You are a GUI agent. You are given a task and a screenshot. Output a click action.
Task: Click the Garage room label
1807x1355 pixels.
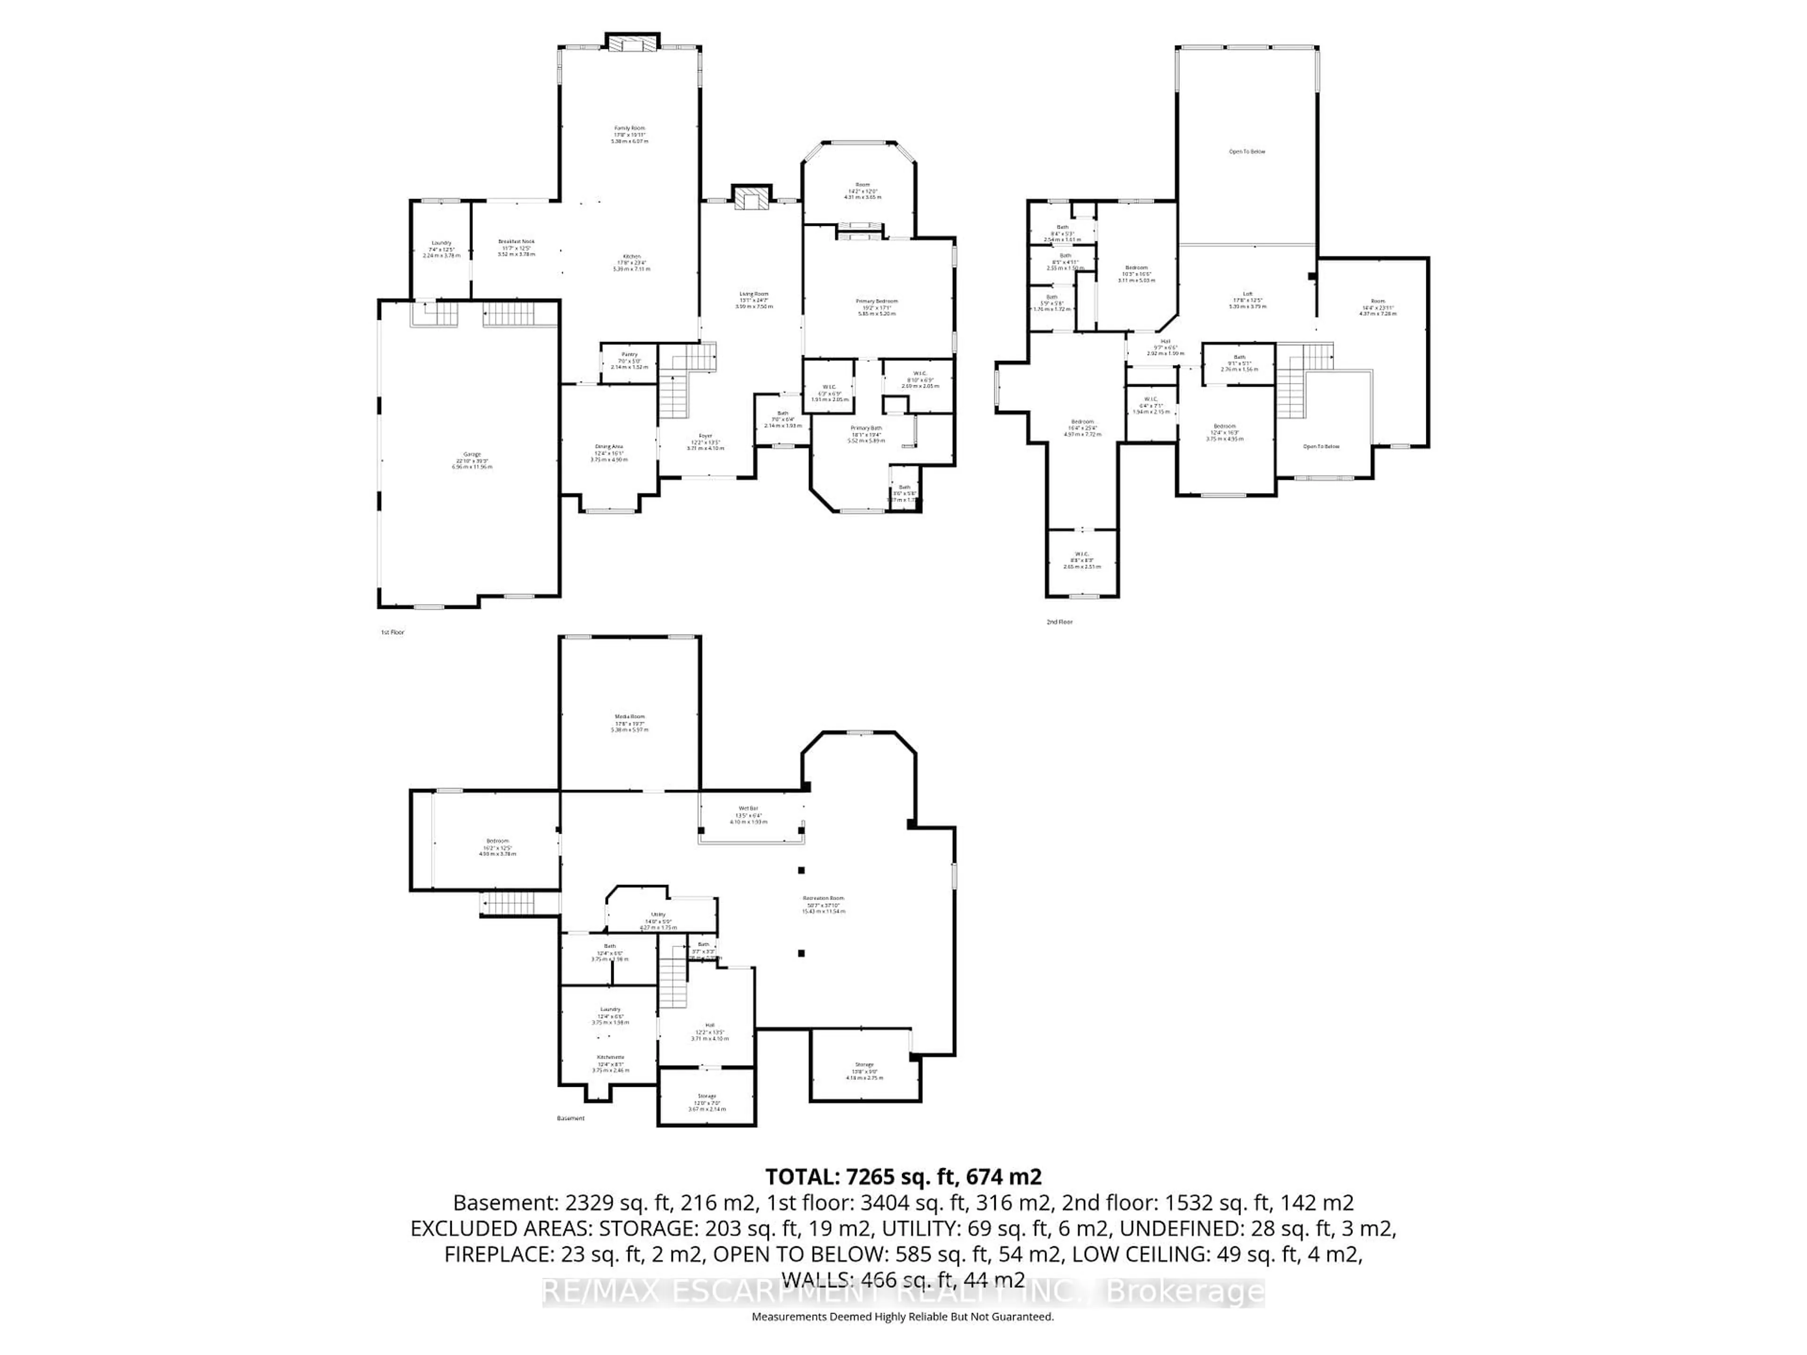pos(472,454)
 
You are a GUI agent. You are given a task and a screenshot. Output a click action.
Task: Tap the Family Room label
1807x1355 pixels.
pos(629,128)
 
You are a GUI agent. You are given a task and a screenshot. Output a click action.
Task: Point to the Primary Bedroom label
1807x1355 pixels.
pos(877,302)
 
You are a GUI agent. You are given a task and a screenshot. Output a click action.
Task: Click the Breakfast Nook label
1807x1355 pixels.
pos(516,242)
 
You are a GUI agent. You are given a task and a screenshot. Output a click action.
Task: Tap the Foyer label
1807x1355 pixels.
pos(705,436)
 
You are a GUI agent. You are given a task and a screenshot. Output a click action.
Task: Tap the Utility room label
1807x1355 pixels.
pos(657,915)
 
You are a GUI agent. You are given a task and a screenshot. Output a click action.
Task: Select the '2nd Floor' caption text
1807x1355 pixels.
pos(1060,622)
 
